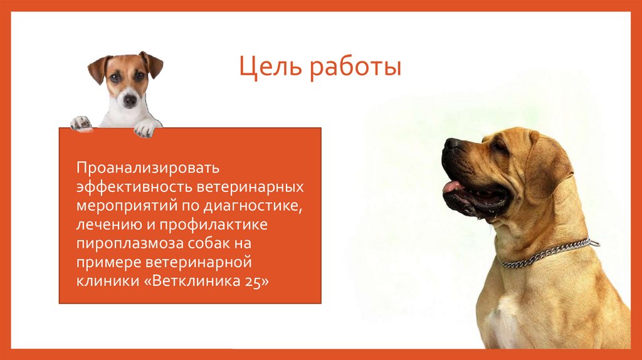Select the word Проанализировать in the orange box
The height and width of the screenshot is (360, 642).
coord(147,168)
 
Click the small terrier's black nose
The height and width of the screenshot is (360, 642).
coord(130,98)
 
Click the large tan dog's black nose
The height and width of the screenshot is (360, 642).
coord(451,144)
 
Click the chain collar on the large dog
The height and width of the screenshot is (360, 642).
coord(545,252)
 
